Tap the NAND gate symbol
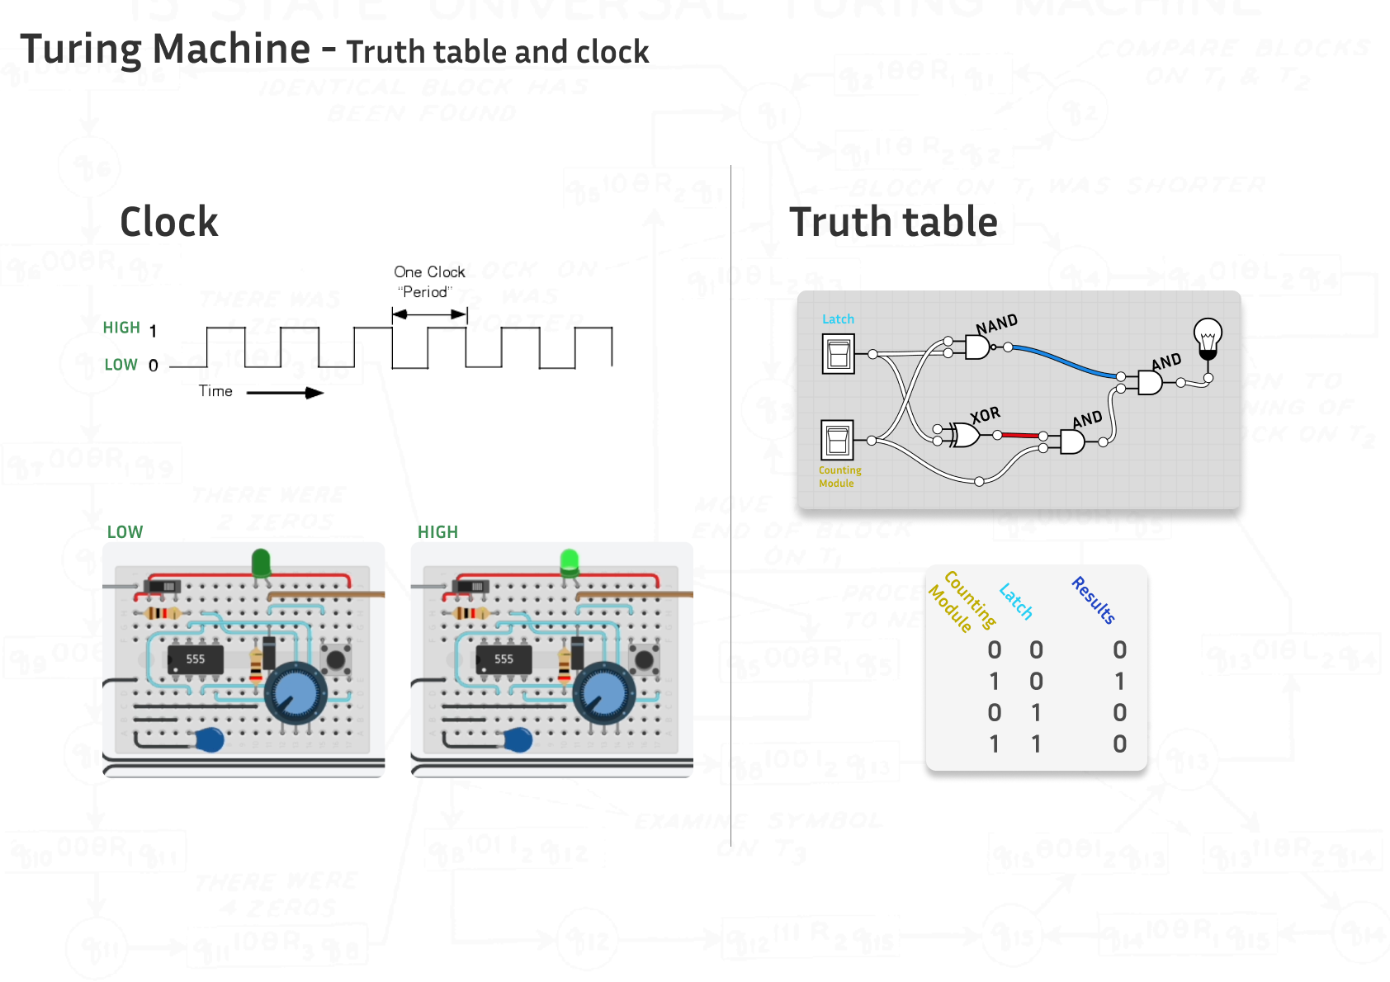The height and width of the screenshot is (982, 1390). pos(977,347)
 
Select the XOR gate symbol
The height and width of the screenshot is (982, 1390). pos(964,434)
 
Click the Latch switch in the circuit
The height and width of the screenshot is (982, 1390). pos(838,354)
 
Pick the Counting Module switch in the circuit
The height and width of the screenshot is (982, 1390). pos(837,440)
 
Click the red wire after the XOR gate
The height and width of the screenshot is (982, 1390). pos(1020,435)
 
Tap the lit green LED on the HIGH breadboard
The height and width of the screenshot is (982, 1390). pos(569,562)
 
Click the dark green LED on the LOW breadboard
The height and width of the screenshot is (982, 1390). pos(261,563)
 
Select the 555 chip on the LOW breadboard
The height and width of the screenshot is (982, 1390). pos(196,659)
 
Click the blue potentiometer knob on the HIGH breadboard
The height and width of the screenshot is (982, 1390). pos(604,693)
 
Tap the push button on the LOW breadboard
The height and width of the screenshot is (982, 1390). pos(335,659)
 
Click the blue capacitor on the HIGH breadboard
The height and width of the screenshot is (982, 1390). pos(518,739)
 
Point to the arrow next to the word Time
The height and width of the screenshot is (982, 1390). pos(285,393)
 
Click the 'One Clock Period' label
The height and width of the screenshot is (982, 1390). pos(428,281)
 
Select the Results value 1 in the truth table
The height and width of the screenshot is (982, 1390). pos(1119,682)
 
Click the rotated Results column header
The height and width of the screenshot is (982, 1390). pos(1094,600)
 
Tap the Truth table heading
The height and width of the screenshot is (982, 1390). pos(893,222)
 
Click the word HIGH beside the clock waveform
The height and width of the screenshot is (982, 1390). pos(121,328)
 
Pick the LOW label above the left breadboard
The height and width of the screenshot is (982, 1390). pos(125,532)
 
